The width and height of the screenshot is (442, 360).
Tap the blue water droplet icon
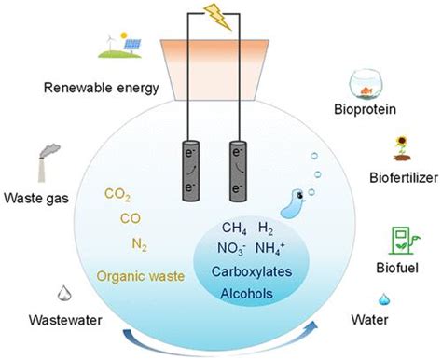[383, 299]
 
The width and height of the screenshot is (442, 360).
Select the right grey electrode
[238, 171]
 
